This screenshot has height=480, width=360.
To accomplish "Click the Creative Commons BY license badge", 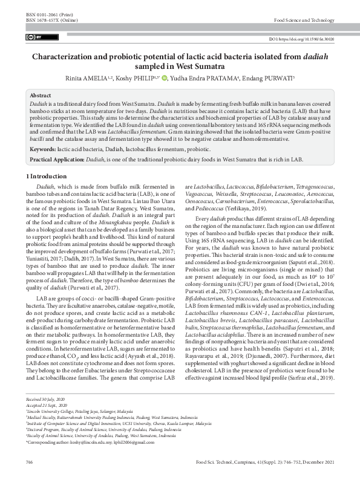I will pyautogui.click(x=33, y=37).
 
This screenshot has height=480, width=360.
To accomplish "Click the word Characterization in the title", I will pyautogui.click(x=66, y=57).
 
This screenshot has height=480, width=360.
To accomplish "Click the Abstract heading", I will pyautogui.click(x=41, y=96).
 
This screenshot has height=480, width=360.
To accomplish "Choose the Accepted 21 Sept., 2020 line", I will pyautogui.click(x=48, y=422).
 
